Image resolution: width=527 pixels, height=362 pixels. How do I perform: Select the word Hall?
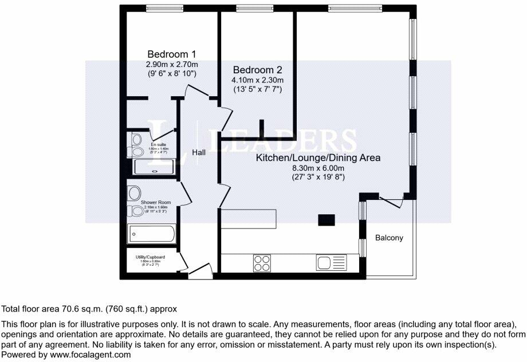(199, 152)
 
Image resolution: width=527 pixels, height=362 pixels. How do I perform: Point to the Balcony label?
(390, 238)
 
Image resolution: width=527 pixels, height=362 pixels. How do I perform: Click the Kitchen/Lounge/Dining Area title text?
(318, 158)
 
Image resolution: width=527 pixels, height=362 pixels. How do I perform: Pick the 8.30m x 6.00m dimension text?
(317, 168)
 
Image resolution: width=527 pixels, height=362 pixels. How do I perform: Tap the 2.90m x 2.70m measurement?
(172, 64)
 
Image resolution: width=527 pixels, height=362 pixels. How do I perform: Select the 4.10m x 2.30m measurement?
(257, 80)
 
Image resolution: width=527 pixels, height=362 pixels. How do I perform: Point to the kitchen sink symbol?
(331, 263)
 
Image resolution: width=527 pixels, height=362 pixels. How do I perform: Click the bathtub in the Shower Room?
(151, 234)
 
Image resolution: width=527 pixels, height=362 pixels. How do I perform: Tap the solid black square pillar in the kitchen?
(327, 220)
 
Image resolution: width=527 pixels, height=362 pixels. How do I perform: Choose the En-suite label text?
(159, 144)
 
